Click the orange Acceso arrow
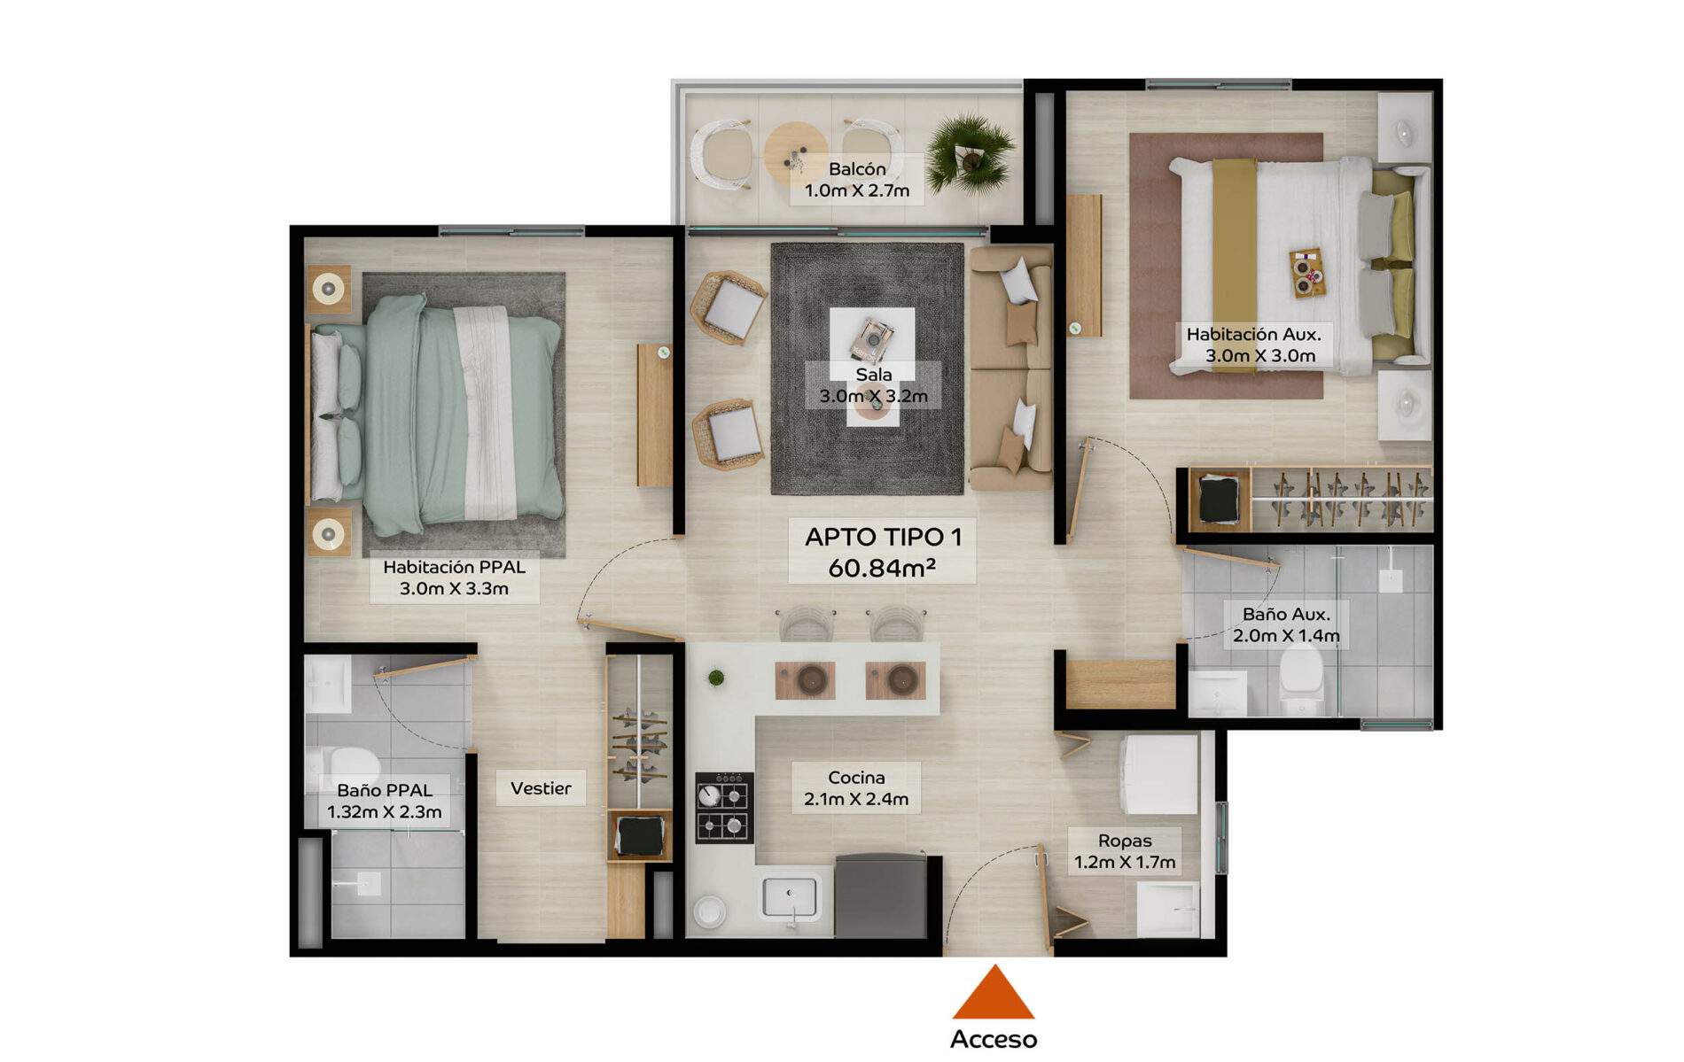click(x=994, y=994)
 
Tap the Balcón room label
click(x=857, y=169)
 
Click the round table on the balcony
click(x=796, y=153)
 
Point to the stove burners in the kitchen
click(x=724, y=807)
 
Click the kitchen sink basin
click(x=790, y=897)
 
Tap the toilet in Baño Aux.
click(x=1301, y=678)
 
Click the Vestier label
click(x=541, y=788)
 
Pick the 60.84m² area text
click(x=882, y=568)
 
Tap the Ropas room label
click(x=1125, y=841)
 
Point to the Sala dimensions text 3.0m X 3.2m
click(x=873, y=396)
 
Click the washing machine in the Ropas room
click(x=1158, y=774)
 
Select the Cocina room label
click(x=856, y=778)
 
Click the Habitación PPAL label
click(x=454, y=567)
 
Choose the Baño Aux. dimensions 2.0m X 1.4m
click(x=1286, y=635)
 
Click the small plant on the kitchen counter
click(x=716, y=678)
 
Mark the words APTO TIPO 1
click(x=883, y=537)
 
